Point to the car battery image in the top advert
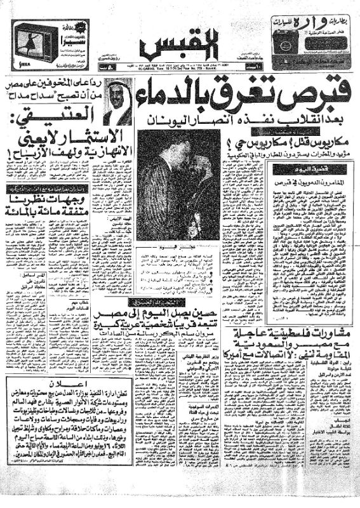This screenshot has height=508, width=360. point(317,45)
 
